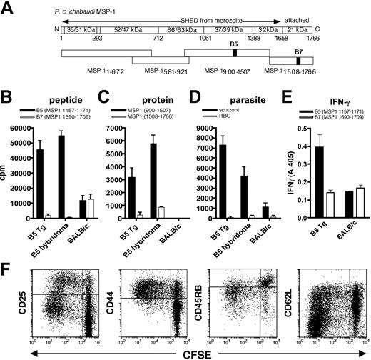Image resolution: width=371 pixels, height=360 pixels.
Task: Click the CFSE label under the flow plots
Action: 185,351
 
